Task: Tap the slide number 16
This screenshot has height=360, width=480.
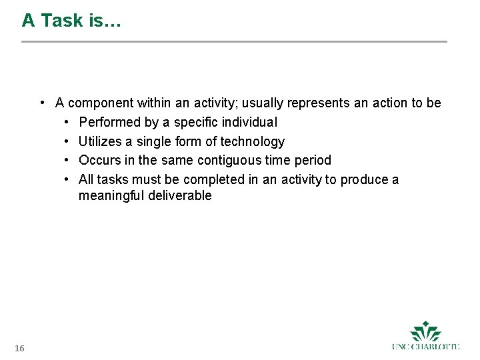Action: point(19,349)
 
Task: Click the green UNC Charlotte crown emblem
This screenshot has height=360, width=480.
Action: point(425,331)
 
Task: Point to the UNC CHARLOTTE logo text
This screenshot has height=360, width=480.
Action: point(425,346)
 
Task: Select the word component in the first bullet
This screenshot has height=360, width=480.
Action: point(101,103)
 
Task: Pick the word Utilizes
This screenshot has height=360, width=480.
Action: point(100,141)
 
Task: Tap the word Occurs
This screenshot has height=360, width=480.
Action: point(99,161)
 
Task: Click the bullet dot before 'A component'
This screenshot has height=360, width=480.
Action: point(42,103)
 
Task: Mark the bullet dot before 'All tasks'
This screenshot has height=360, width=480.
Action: point(67,179)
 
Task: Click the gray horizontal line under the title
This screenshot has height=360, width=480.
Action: point(234,42)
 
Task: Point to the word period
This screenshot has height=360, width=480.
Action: point(313,161)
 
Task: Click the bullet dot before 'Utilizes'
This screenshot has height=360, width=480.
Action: point(67,141)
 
